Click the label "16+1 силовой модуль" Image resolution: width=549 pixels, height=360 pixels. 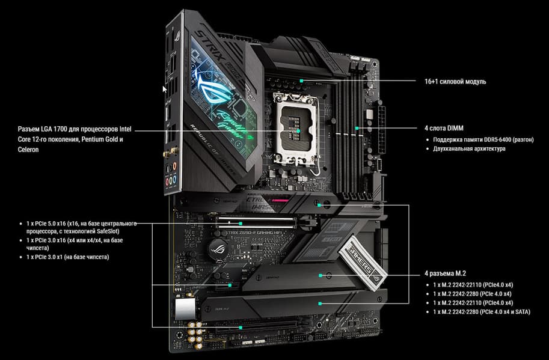455,82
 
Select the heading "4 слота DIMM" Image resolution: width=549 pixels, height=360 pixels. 444,128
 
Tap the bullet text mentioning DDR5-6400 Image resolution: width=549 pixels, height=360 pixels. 483,139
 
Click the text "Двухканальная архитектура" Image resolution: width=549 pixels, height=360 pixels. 469,148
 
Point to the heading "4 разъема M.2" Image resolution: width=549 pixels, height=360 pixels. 446,273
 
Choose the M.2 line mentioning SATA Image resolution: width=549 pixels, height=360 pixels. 482,312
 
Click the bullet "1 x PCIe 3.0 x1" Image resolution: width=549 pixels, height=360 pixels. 67,257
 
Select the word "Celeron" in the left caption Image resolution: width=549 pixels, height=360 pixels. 28,150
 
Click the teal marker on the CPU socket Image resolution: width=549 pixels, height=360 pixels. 298,131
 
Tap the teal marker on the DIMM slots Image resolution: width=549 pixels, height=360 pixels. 357,129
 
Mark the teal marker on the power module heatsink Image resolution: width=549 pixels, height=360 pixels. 301,81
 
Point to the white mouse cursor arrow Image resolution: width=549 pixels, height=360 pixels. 165,89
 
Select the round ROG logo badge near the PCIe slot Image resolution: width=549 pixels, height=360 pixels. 216,248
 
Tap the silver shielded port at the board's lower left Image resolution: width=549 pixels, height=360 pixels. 185,309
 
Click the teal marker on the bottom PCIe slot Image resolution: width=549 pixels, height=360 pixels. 241,328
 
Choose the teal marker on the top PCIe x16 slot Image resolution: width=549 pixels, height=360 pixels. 241,223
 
